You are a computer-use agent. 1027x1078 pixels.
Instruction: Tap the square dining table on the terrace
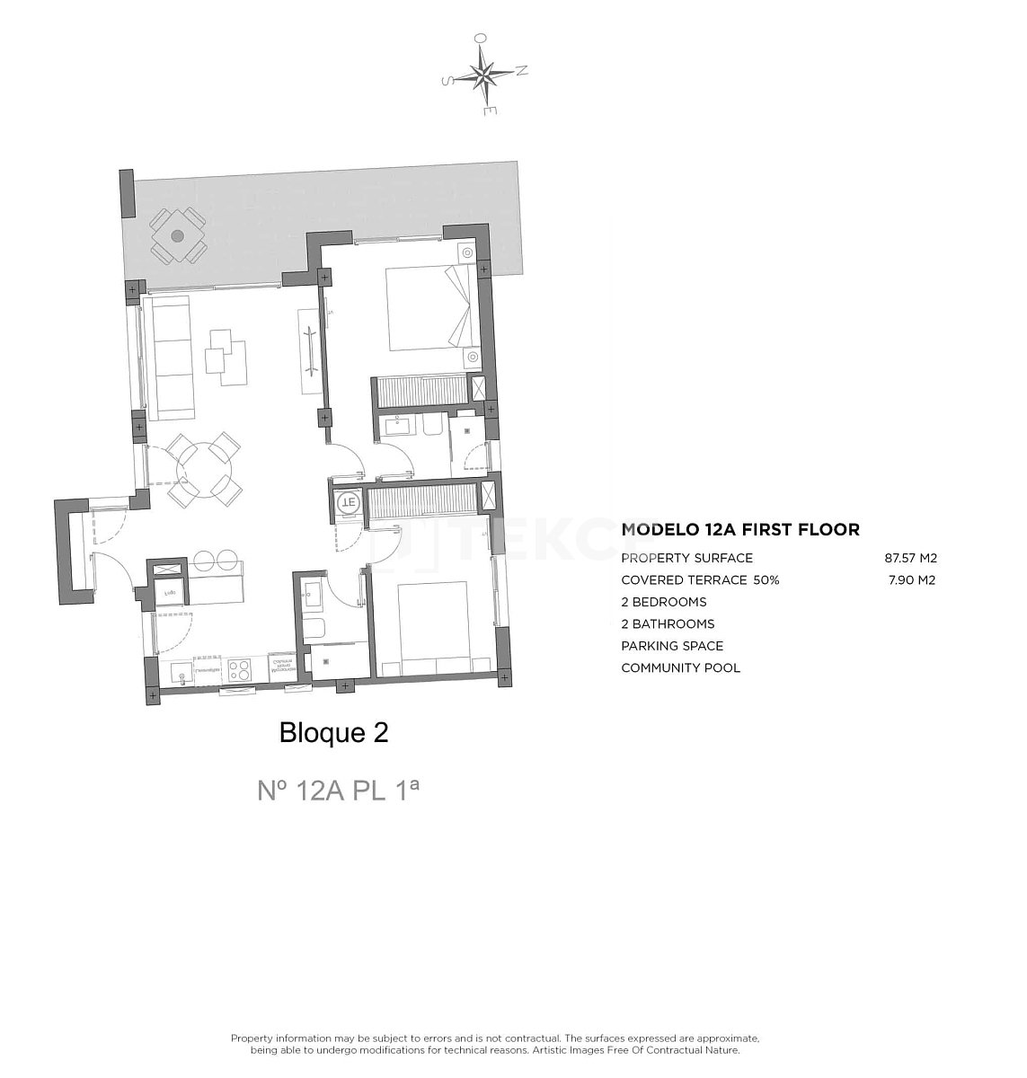pyautogui.click(x=177, y=236)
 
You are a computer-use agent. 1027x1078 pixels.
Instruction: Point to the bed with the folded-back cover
pyautogui.click(x=430, y=307)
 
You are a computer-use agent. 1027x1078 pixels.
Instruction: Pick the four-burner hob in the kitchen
pyautogui.click(x=240, y=668)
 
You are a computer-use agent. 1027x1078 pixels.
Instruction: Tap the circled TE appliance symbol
pyautogui.click(x=348, y=503)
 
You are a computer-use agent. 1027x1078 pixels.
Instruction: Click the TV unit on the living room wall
pyautogui.click(x=308, y=350)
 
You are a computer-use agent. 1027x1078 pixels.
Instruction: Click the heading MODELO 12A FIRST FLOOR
pyautogui.click(x=740, y=530)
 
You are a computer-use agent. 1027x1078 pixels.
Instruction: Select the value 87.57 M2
pyautogui.click(x=910, y=558)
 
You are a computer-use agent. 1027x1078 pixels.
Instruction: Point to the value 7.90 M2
pyautogui.click(x=910, y=580)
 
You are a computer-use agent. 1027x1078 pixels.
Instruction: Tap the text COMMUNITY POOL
pyautogui.click(x=680, y=667)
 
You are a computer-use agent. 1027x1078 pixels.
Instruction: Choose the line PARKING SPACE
pyautogui.click(x=671, y=646)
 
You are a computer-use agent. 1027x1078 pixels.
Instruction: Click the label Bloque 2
pyautogui.click(x=334, y=733)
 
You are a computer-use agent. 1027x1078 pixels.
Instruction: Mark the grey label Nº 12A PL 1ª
pyautogui.click(x=339, y=790)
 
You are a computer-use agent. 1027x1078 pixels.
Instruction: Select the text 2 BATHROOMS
pyautogui.click(x=668, y=623)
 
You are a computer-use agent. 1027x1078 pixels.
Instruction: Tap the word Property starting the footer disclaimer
pyautogui.click(x=253, y=1038)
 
